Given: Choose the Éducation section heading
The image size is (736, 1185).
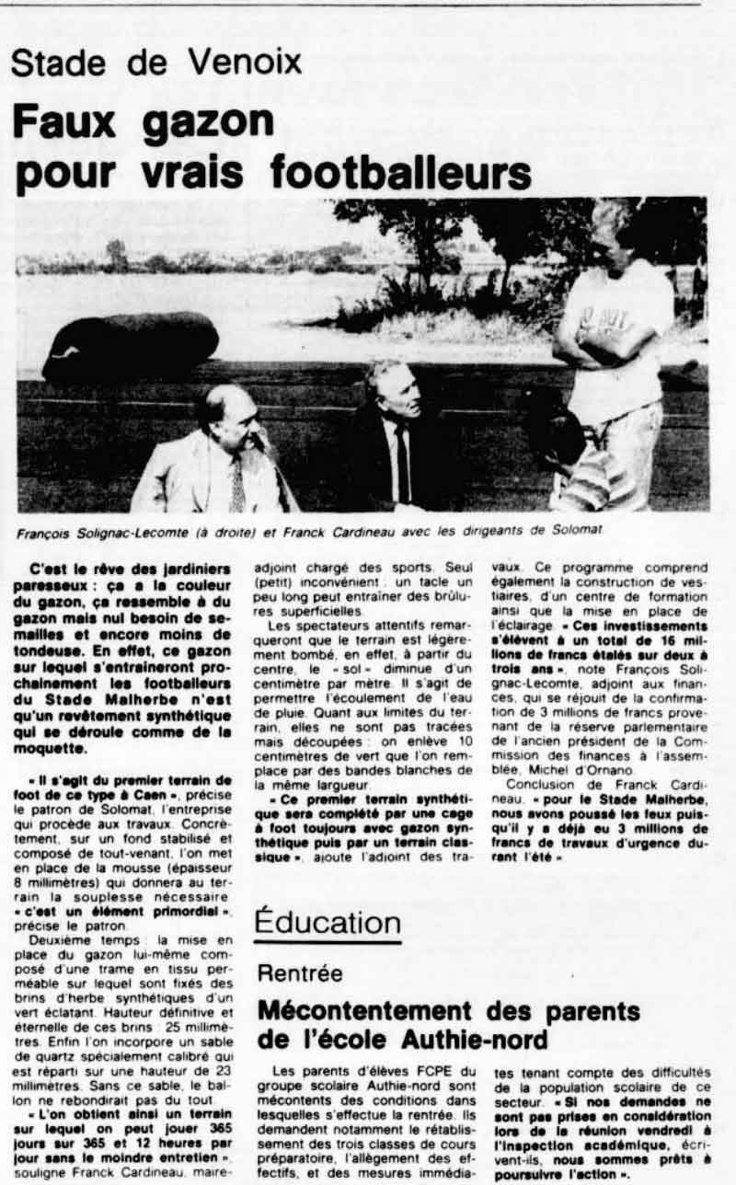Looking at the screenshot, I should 328,922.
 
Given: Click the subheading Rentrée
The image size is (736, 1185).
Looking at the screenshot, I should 301,972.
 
